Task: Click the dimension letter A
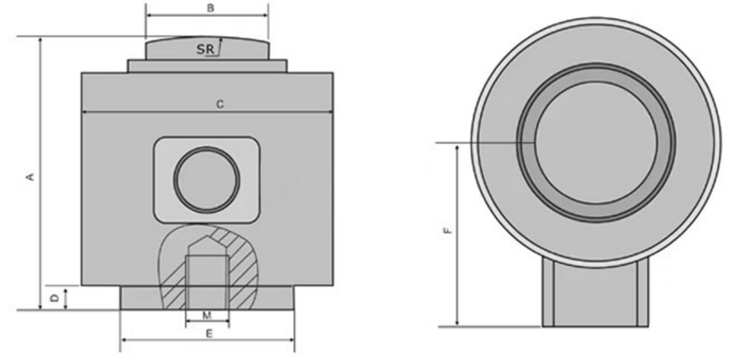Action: pos(30,177)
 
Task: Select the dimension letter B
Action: pos(211,8)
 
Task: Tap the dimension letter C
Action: pos(219,105)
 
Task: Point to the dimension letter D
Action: pos(55,298)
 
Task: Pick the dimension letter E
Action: pos(209,333)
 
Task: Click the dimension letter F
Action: pos(448,230)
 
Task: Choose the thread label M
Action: pos(207,315)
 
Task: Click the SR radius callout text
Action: pos(205,49)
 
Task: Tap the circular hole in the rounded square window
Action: pos(207,179)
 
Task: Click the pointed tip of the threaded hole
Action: pos(207,236)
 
